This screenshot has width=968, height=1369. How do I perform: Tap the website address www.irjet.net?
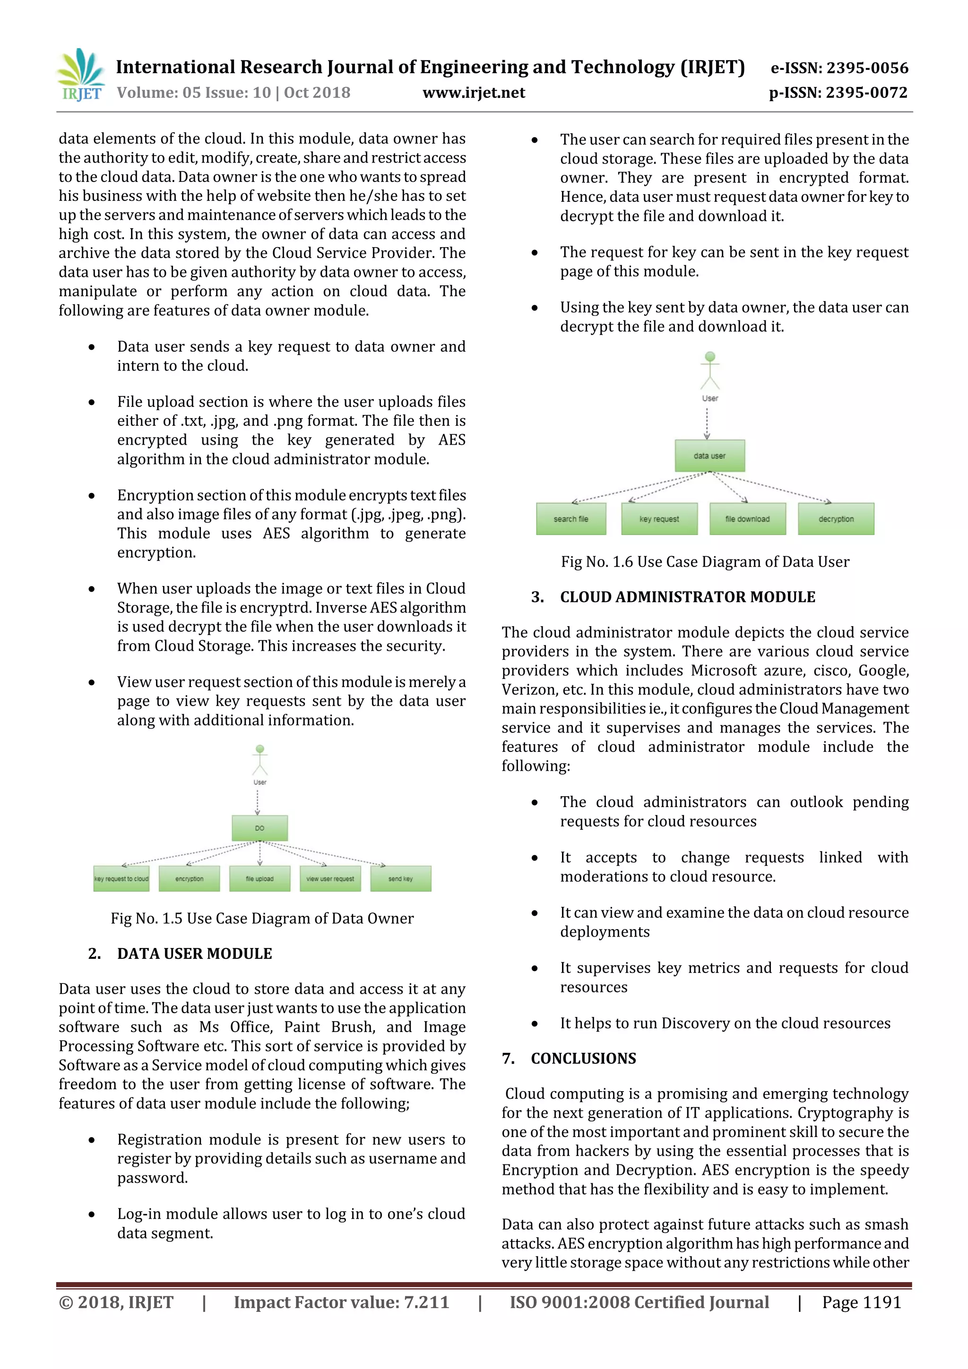click(x=474, y=93)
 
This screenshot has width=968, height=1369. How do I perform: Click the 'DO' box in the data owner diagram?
click(x=259, y=827)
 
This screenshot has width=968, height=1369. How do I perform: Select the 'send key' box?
click(x=400, y=878)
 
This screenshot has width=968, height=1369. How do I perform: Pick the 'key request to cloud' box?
click(x=121, y=878)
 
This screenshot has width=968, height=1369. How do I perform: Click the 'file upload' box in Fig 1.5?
click(x=259, y=878)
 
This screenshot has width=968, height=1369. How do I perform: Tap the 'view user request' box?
click(x=330, y=878)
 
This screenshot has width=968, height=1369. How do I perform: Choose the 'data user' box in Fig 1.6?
click(x=709, y=456)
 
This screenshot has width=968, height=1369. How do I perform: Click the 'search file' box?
click(x=571, y=519)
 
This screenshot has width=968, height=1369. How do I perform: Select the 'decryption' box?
click(x=836, y=519)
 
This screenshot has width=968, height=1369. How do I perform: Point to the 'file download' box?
click(x=747, y=519)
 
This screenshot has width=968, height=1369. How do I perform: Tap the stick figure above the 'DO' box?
click(x=259, y=760)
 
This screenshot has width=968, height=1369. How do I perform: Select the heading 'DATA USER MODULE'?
click(x=194, y=954)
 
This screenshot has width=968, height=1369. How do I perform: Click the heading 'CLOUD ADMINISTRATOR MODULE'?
click(x=687, y=597)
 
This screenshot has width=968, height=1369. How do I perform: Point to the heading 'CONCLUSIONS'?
click(x=583, y=1059)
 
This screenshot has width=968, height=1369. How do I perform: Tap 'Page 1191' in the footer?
click(x=861, y=1301)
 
